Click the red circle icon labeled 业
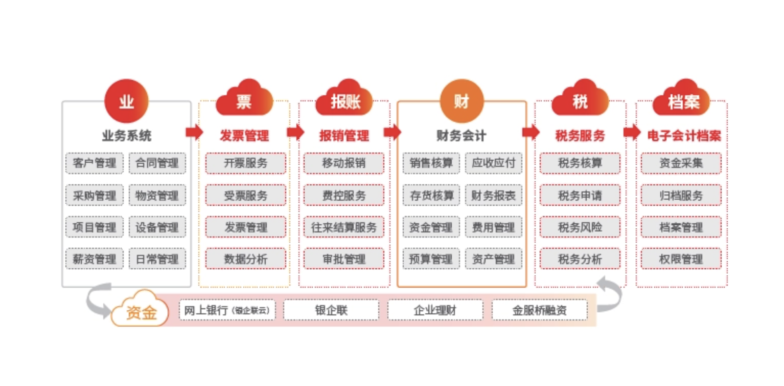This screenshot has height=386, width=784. coord(126,101)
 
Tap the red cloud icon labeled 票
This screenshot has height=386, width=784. coord(244,101)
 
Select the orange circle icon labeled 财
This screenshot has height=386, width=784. coord(462,101)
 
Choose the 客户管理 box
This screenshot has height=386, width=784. coord(95,163)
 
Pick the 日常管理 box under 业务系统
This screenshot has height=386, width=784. coord(157,259)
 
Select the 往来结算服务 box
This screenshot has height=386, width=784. coord(344,227)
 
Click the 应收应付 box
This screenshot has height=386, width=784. coord(493,163)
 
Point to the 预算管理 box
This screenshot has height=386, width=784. coord(431,259)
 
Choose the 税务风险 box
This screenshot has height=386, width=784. coord(580,227)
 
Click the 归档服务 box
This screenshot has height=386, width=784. coord(681,195)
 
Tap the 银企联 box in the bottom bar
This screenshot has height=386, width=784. coord(331,310)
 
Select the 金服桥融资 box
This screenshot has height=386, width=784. coord(540,310)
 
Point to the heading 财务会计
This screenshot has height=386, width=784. coord(462,136)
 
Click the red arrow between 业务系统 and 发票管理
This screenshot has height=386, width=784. coord(194,132)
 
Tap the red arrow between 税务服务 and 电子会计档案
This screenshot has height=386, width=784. coord(632,132)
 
